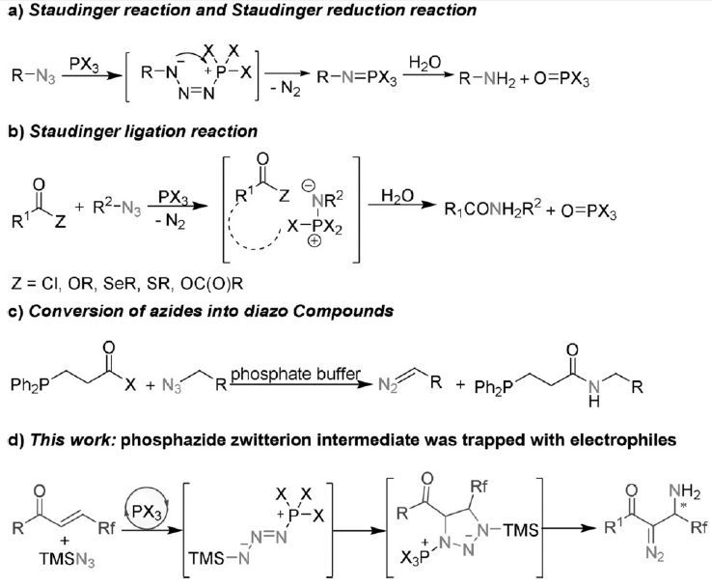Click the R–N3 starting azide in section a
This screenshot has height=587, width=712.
coord(33,74)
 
